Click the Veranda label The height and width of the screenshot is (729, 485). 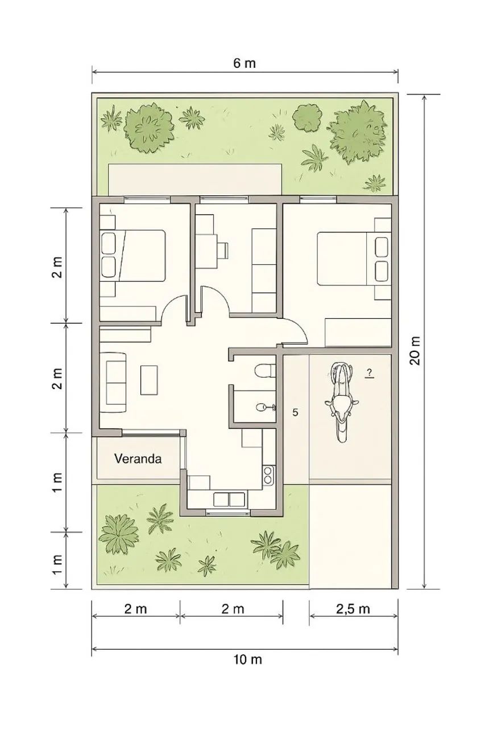(x=138, y=459)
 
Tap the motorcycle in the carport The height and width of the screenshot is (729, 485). (x=341, y=402)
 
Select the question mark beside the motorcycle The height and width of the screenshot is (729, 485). (x=370, y=373)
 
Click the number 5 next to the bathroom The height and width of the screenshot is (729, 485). (x=295, y=413)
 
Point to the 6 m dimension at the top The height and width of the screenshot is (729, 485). (x=244, y=63)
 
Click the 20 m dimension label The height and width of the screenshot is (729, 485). (x=415, y=350)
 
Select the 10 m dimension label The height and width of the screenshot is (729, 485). (x=247, y=660)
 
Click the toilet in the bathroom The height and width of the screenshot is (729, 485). (x=264, y=370)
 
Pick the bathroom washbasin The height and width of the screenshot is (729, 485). (x=265, y=407)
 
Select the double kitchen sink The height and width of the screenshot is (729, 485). (x=229, y=499)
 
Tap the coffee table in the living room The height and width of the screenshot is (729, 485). (x=149, y=380)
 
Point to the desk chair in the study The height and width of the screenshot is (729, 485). (x=223, y=251)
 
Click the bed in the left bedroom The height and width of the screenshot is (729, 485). (x=133, y=256)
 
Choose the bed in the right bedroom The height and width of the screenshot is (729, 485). (x=354, y=259)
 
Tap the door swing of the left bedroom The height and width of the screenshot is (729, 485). (x=175, y=309)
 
